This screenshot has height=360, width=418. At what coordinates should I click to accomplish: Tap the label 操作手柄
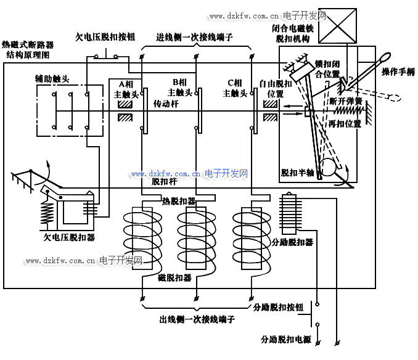[x=398, y=72]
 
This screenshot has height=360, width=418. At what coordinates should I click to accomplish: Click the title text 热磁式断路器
[x=28, y=45]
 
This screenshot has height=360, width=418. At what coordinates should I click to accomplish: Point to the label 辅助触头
[x=52, y=80]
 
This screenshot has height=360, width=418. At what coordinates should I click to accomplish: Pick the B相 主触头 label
[x=180, y=88]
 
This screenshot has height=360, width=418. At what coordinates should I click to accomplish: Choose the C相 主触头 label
[x=234, y=88]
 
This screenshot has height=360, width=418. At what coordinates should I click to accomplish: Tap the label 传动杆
[x=166, y=105]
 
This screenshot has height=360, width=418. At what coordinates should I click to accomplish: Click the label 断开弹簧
[x=345, y=100]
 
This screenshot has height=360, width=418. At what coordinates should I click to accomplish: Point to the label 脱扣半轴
[x=298, y=173]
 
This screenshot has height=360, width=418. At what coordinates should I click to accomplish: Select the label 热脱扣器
[x=179, y=201]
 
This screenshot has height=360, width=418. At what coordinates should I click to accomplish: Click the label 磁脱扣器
[x=175, y=278]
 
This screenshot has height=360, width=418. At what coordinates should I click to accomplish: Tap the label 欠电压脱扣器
[x=68, y=237]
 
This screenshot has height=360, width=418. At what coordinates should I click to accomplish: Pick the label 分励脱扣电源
[x=285, y=340]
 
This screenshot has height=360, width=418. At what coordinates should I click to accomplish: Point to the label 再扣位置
[x=345, y=123]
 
